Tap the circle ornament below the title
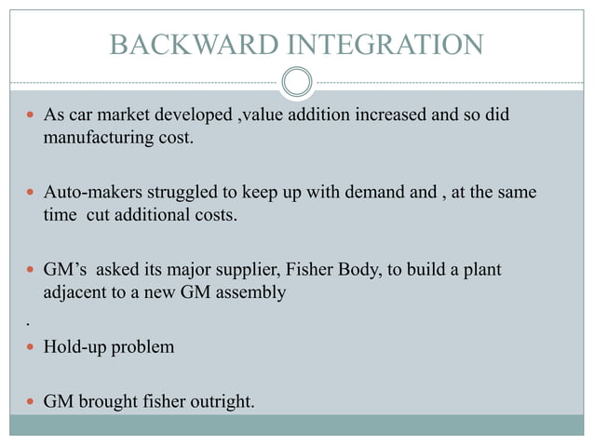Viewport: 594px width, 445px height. click(x=297, y=82)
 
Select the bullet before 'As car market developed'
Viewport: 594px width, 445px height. click(x=32, y=119)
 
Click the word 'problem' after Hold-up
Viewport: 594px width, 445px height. click(x=142, y=346)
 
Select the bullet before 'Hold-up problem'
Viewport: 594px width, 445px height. click(x=32, y=347)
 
